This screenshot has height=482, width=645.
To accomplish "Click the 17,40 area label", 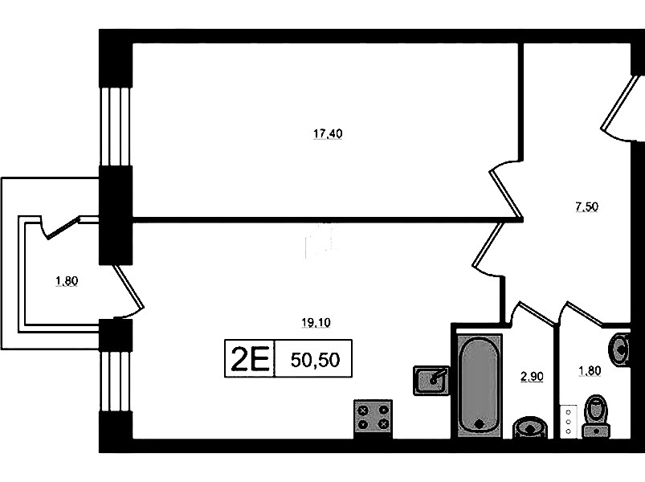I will (x=328, y=134).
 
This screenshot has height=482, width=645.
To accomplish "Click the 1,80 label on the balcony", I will (x=67, y=281).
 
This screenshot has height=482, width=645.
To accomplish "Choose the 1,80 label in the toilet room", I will (x=590, y=370).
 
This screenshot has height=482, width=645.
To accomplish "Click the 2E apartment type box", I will (x=248, y=359).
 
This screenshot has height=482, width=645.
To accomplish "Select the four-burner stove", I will (x=373, y=418).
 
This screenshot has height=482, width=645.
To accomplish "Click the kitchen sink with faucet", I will (x=431, y=378).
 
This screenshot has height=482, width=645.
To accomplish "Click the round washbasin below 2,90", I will (x=529, y=427).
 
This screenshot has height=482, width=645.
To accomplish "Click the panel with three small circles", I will (x=568, y=420).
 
